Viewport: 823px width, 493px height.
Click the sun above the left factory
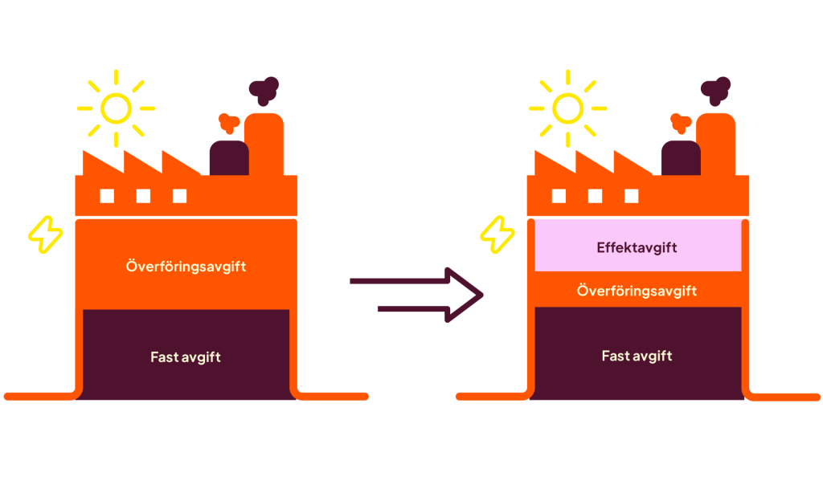116,108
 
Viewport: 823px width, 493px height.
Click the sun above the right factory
567,108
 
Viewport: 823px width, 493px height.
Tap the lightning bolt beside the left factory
45,234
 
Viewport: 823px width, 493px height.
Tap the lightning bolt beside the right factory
497,234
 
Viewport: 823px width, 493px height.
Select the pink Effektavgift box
637,247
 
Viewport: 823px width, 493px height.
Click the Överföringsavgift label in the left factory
186,266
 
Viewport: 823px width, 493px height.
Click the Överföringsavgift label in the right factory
637,291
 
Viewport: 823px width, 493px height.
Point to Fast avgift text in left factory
186,357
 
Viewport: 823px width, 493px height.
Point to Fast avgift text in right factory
637,356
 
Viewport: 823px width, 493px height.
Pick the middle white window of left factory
143,196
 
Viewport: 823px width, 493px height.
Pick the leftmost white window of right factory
558,196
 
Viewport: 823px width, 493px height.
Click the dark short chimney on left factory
228,158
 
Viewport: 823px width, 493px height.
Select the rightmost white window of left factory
179,196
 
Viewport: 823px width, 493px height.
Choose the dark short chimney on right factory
680,158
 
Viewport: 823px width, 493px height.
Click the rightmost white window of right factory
631,196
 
